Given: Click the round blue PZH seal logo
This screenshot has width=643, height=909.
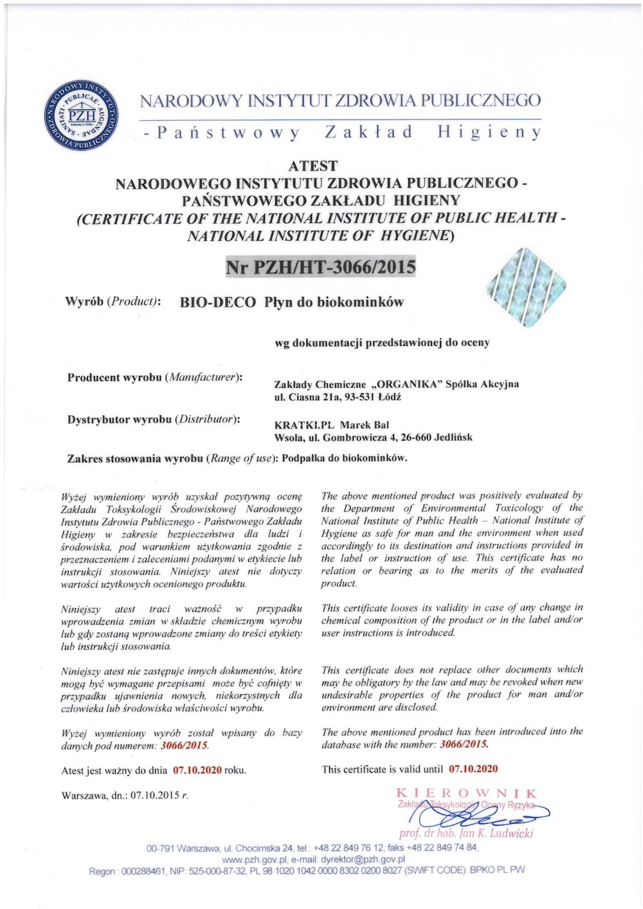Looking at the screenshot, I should coord(81,116).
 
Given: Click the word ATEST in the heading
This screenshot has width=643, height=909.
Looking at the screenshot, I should coord(313,166).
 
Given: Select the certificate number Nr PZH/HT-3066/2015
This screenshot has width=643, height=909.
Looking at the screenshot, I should coord(321,266).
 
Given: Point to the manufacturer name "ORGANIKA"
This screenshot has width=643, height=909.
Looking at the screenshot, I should coord(408,384).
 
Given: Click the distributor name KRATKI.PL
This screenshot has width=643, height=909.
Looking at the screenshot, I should coord(303,425).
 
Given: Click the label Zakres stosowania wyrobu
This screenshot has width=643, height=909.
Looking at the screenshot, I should coord(135,458).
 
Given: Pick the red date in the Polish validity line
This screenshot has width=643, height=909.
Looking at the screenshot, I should coord(197,770).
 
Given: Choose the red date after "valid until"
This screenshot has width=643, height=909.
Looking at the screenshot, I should coord(473,769).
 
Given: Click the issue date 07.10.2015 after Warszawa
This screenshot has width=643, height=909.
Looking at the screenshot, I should coord(155,795).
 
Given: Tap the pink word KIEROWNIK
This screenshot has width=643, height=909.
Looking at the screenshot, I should coord(466,793).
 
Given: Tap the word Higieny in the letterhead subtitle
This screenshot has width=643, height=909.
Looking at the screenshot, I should coord(489,132).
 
